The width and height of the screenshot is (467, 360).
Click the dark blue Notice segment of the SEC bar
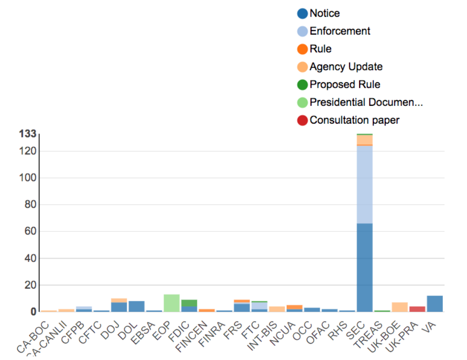tap(365, 267)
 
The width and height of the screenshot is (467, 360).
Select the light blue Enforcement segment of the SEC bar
tap(365, 185)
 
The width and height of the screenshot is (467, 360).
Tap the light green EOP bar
tap(171, 303)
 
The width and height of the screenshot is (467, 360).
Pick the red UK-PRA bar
tap(417, 309)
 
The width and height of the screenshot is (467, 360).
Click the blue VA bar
tap(434, 303)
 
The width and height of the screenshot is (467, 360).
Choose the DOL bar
tap(136, 306)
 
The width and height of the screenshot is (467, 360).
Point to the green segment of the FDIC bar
tap(189, 303)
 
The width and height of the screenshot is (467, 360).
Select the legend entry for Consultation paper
tap(354, 120)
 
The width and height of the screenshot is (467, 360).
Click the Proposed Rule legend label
tap(345, 85)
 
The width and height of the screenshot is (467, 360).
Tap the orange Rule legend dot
tap(302, 49)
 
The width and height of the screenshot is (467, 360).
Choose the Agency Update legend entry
tap(346, 67)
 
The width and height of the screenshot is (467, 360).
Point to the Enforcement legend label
tap(340, 31)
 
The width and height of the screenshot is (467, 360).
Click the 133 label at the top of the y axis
tap(28, 134)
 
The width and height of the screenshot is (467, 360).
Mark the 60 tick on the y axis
tap(30, 231)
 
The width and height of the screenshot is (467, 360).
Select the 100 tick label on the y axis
tap(28, 178)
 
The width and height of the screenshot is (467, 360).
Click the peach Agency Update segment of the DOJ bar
tap(119, 300)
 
